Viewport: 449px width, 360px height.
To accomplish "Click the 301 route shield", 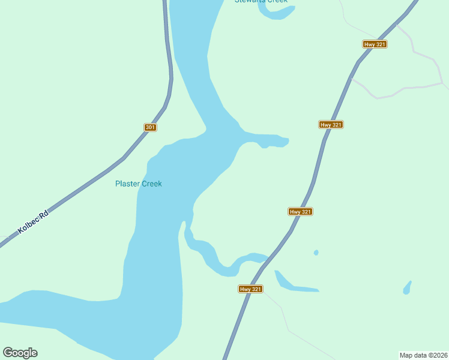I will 151,127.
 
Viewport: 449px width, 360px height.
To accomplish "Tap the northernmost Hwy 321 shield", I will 375,44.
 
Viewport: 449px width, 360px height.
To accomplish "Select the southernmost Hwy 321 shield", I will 251,289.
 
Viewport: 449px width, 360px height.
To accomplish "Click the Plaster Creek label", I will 139,184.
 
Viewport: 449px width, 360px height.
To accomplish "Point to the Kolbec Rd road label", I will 33,221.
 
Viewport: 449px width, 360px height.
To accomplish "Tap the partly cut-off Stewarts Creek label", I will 261,2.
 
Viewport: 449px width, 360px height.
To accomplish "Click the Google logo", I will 20,353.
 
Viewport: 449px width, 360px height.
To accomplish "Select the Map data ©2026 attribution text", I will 424,355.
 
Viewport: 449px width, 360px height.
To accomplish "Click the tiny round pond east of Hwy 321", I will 316,253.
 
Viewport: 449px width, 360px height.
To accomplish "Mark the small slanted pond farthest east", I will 407,287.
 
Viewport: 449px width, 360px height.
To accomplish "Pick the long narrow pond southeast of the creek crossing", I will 294,285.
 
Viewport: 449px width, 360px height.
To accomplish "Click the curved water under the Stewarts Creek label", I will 273,13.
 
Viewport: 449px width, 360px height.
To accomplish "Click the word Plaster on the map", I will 127,184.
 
